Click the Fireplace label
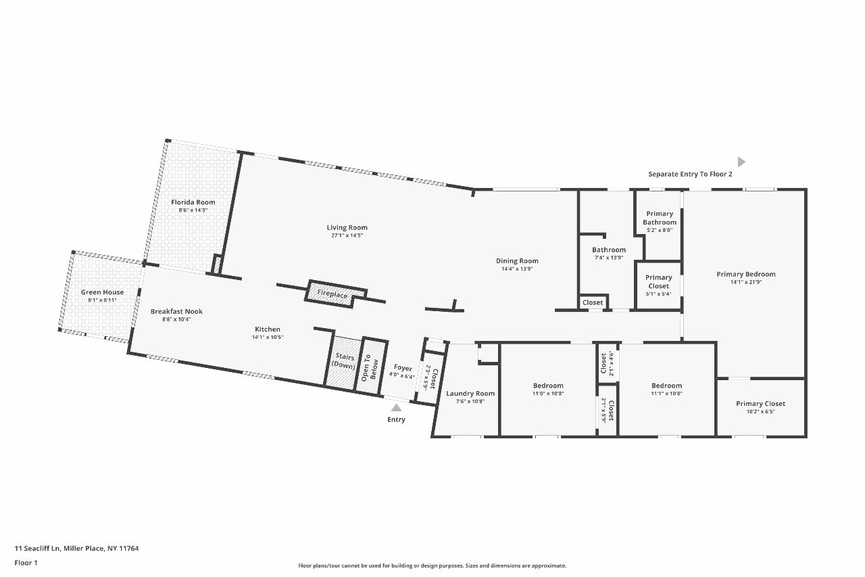[332, 294]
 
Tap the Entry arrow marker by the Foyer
[396, 408]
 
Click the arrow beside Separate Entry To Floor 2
[741, 162]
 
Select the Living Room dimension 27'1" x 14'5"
[347, 235]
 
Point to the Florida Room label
[193, 202]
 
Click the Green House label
[102, 292]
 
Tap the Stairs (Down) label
[343, 361]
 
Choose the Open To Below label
[370, 367]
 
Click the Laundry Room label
[470, 394]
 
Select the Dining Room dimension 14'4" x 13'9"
[517, 269]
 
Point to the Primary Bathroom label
[660, 218]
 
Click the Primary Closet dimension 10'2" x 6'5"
[761, 411]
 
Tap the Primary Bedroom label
[746, 274]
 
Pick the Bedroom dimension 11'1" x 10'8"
[667, 394]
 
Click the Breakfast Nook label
[176, 311]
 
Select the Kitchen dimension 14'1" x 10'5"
[268, 338]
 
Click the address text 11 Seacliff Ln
[37, 549]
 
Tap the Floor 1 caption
[26, 563]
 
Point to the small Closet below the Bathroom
[593, 302]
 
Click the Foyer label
[403, 367]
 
